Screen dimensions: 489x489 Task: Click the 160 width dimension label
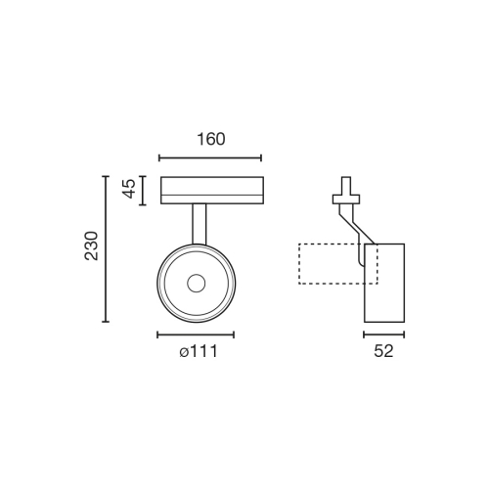[x=209, y=139]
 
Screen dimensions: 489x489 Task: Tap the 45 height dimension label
[x=128, y=191]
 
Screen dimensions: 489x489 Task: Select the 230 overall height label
[x=90, y=248]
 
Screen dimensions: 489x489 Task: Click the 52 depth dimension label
[x=383, y=352]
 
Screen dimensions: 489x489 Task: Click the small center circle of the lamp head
[x=196, y=284]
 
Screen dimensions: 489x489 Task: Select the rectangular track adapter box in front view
[x=210, y=190]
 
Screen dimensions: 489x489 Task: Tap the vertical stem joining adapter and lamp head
[x=200, y=223]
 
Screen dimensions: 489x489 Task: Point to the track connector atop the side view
[x=343, y=192]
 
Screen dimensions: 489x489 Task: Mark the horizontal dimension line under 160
[x=209, y=156]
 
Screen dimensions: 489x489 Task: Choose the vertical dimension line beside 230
[x=107, y=248]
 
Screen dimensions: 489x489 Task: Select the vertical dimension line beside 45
[x=144, y=191]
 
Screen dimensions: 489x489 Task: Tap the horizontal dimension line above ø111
[x=196, y=335]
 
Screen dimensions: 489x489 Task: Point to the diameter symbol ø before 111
[x=183, y=353]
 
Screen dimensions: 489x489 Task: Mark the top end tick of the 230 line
[x=107, y=176]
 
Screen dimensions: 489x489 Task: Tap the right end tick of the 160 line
[x=262, y=156]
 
